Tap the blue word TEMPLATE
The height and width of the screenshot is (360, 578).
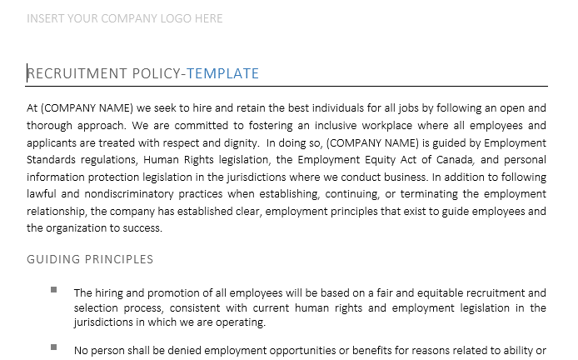[x=222, y=74]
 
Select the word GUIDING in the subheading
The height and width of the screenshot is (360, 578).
[x=52, y=259]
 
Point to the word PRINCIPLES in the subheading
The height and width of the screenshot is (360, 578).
[x=119, y=259]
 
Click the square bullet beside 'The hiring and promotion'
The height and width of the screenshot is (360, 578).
[x=54, y=290]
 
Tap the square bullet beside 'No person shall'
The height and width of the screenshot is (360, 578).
[x=54, y=346]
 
